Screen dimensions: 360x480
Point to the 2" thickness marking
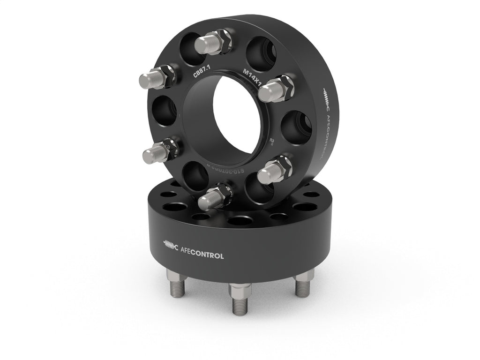(x=272, y=140)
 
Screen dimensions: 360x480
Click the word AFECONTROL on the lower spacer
(x=202, y=256)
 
